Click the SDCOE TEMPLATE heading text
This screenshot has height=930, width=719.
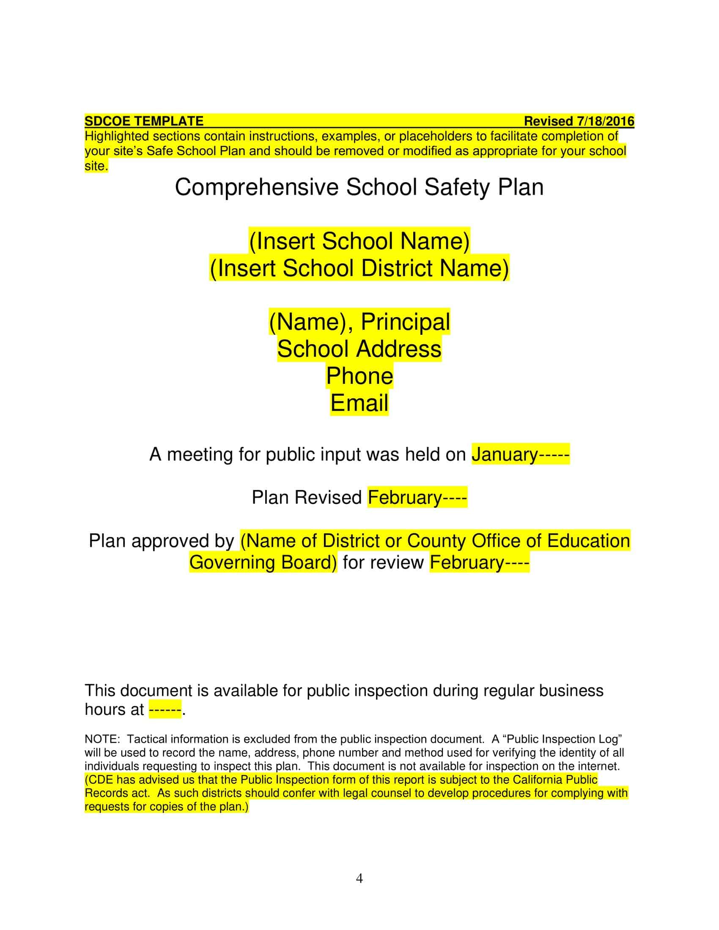(x=144, y=121)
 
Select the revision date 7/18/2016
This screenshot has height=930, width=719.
(x=605, y=121)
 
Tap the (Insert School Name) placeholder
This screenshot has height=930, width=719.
(x=359, y=241)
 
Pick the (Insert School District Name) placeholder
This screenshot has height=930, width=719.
(x=359, y=269)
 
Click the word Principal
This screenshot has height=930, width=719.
(x=405, y=322)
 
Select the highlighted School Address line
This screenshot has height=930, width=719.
(x=359, y=349)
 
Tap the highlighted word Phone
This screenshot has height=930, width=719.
(x=359, y=376)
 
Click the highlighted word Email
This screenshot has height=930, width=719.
(x=359, y=403)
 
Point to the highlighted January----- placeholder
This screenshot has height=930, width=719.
(x=520, y=455)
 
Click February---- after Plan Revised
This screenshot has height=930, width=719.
(x=417, y=498)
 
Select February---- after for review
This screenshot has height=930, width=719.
(x=479, y=563)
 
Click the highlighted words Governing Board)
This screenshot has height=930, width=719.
(x=263, y=563)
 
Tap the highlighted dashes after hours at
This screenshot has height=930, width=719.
(x=165, y=710)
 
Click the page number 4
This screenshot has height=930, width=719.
(x=359, y=878)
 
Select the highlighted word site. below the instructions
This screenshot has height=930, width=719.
(x=96, y=167)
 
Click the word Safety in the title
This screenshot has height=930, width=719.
(x=457, y=187)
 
